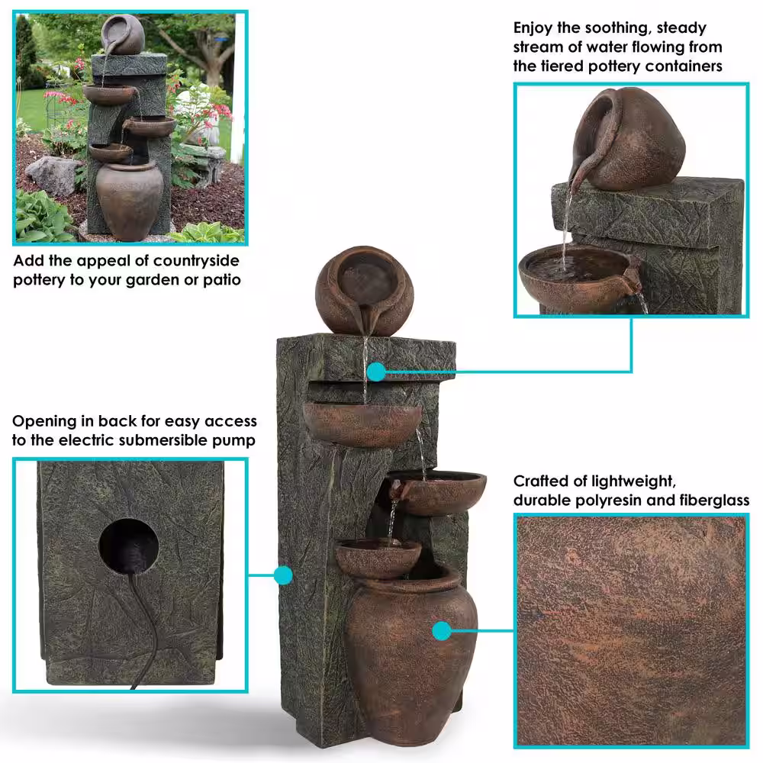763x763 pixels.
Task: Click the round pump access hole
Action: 129,546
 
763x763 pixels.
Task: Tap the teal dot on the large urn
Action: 441,631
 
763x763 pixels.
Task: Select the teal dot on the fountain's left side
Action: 283,575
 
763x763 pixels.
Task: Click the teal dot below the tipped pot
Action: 375,372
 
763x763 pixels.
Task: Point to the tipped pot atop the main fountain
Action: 365,290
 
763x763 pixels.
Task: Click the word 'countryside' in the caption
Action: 195,261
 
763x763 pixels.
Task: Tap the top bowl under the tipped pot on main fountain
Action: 362,424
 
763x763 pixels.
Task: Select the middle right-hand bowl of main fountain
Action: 437,492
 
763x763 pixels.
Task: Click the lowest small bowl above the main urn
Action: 378,559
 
